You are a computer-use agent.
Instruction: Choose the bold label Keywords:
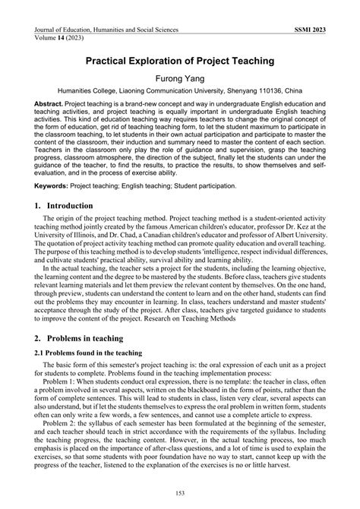tap(52, 185)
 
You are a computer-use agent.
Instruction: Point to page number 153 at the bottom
tap(180, 494)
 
